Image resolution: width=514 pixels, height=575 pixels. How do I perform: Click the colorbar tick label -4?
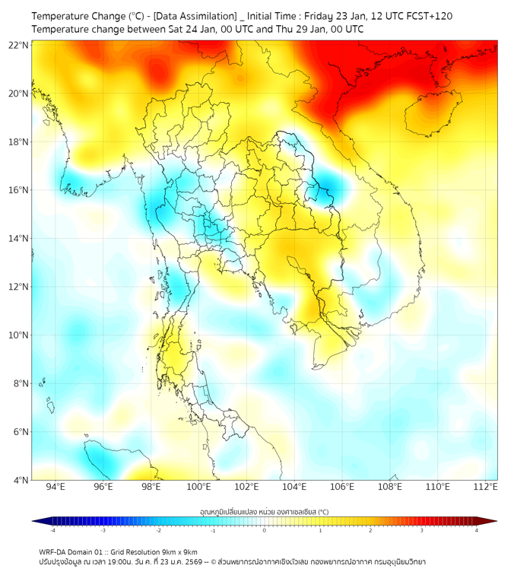pos(52,530)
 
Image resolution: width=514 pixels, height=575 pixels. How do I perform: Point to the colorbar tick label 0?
pos(265,530)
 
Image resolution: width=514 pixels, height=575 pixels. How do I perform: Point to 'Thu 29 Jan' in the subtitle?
pos(298,30)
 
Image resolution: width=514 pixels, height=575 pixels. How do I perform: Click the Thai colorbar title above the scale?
pos(264,512)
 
